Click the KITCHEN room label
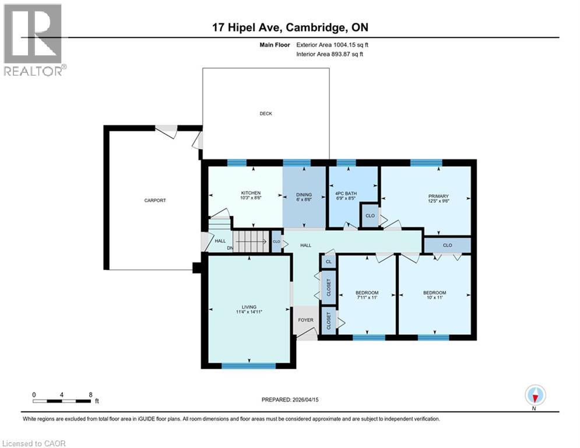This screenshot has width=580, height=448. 251,193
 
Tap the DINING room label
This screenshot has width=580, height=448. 304,195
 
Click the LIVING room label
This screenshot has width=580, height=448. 249,307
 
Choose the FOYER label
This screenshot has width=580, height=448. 305,320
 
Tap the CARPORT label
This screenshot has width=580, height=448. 155,201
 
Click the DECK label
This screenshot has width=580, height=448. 266,114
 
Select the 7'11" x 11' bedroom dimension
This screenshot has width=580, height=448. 367,297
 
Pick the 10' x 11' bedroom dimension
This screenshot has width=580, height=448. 434,297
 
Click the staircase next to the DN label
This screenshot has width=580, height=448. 251,241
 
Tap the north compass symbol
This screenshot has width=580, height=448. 535,395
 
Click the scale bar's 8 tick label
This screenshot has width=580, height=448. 90,394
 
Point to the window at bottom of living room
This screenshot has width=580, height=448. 248,366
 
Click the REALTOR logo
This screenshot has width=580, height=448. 33,39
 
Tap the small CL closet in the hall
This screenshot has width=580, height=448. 329,262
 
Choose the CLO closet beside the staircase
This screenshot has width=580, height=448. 276,241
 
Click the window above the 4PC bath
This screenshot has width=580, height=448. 346,163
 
